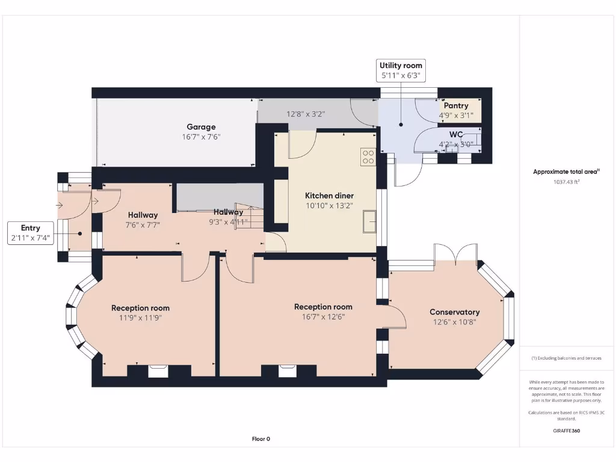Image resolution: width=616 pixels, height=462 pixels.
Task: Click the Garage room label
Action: [x=201, y=127]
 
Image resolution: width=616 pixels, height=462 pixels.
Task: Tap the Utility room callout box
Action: [x=401, y=70]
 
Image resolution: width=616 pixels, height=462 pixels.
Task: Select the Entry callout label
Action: [x=31, y=233]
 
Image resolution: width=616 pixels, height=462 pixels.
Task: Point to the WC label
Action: [x=456, y=134]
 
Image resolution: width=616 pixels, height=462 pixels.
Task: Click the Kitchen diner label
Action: [x=329, y=196]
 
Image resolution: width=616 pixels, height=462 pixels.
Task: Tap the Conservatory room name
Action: [x=454, y=312]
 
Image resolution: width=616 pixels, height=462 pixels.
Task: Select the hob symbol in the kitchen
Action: [x=368, y=157]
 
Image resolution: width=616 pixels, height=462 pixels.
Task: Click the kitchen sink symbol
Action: [x=369, y=221]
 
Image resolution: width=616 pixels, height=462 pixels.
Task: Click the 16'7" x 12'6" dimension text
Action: [x=323, y=316]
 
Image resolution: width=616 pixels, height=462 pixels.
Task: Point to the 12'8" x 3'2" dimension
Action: [x=306, y=113]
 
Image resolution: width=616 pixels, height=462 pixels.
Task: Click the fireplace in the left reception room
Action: [x=158, y=371]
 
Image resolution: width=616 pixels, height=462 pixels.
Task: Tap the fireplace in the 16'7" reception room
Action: [x=288, y=371]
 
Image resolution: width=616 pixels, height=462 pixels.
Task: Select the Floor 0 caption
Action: [x=260, y=439]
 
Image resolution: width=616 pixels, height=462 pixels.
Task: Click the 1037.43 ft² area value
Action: [x=566, y=182]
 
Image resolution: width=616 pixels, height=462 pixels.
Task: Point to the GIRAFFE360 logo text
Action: [x=566, y=431]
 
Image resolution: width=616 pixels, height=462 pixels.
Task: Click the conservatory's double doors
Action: [x=457, y=254]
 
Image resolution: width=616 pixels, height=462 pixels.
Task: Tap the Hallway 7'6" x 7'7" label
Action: [x=143, y=220]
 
